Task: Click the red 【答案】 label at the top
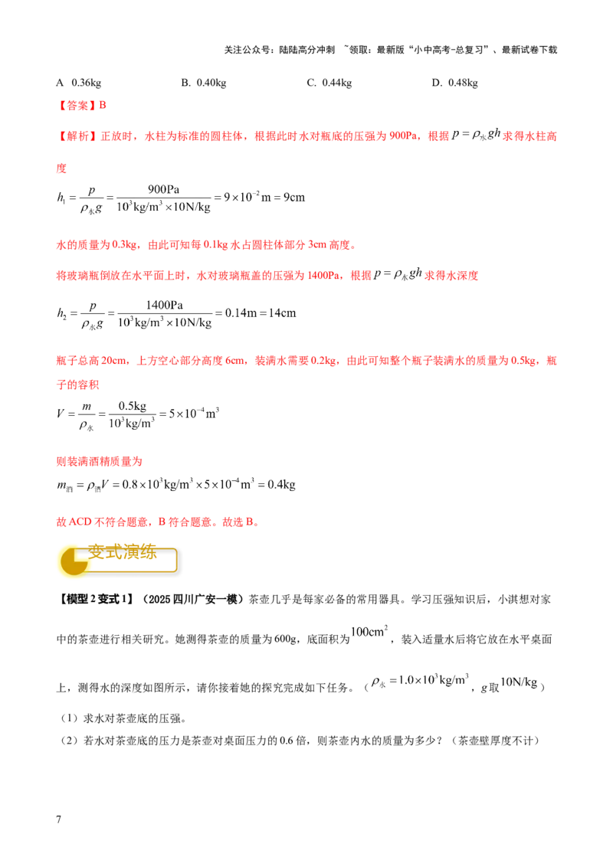click(77, 106)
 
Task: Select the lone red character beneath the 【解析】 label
click(60, 167)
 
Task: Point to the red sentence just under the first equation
click(205, 246)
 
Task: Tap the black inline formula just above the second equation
click(397, 276)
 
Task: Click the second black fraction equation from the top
click(175, 312)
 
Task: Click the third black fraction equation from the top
click(138, 414)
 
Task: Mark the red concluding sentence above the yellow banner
click(156, 522)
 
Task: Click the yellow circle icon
click(74, 561)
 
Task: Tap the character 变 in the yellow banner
click(98, 553)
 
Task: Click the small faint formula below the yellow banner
click(371, 630)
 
